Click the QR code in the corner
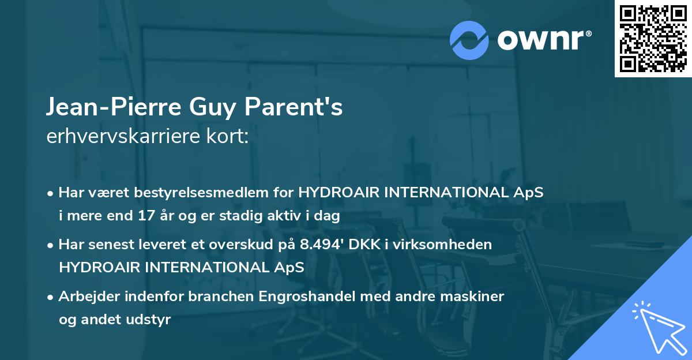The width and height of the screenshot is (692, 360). click(x=653, y=39)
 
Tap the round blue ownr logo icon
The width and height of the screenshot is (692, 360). click(x=469, y=40)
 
